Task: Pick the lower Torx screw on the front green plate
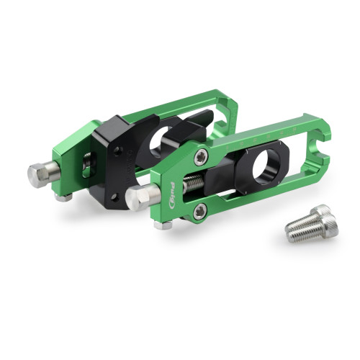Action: point(200,210)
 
